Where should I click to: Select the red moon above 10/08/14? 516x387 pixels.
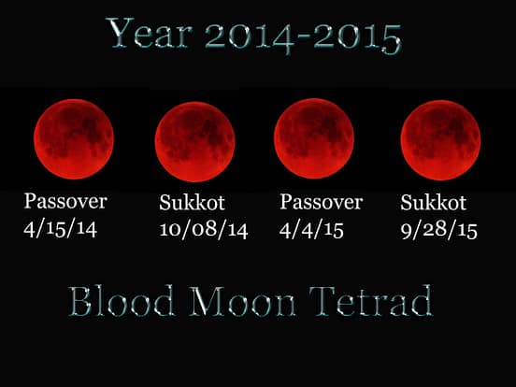tap(194, 141)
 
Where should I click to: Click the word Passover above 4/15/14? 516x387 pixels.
tap(65, 202)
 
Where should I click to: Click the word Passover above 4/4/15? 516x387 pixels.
tap(321, 202)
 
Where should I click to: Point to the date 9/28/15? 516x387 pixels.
tap(438, 230)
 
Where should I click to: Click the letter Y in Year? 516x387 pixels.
tap(119, 36)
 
